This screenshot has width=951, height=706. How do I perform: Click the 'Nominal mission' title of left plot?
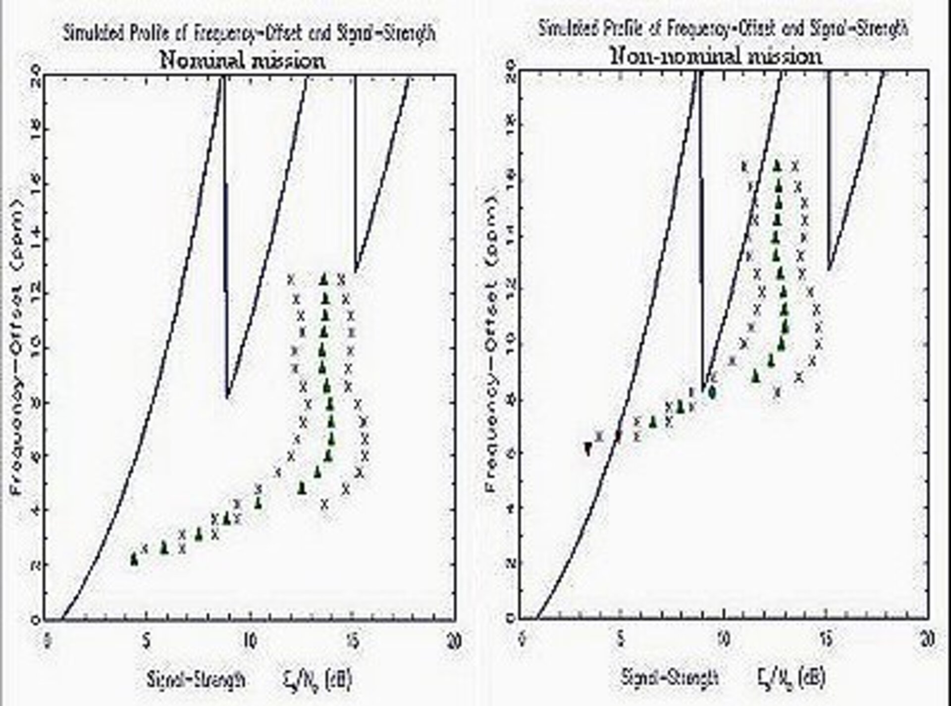242,61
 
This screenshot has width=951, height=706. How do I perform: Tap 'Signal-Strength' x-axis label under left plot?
196,679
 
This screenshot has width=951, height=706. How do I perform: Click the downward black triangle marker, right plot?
588,450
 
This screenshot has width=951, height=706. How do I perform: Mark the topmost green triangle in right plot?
777,165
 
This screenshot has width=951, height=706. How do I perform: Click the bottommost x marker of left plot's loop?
325,504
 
